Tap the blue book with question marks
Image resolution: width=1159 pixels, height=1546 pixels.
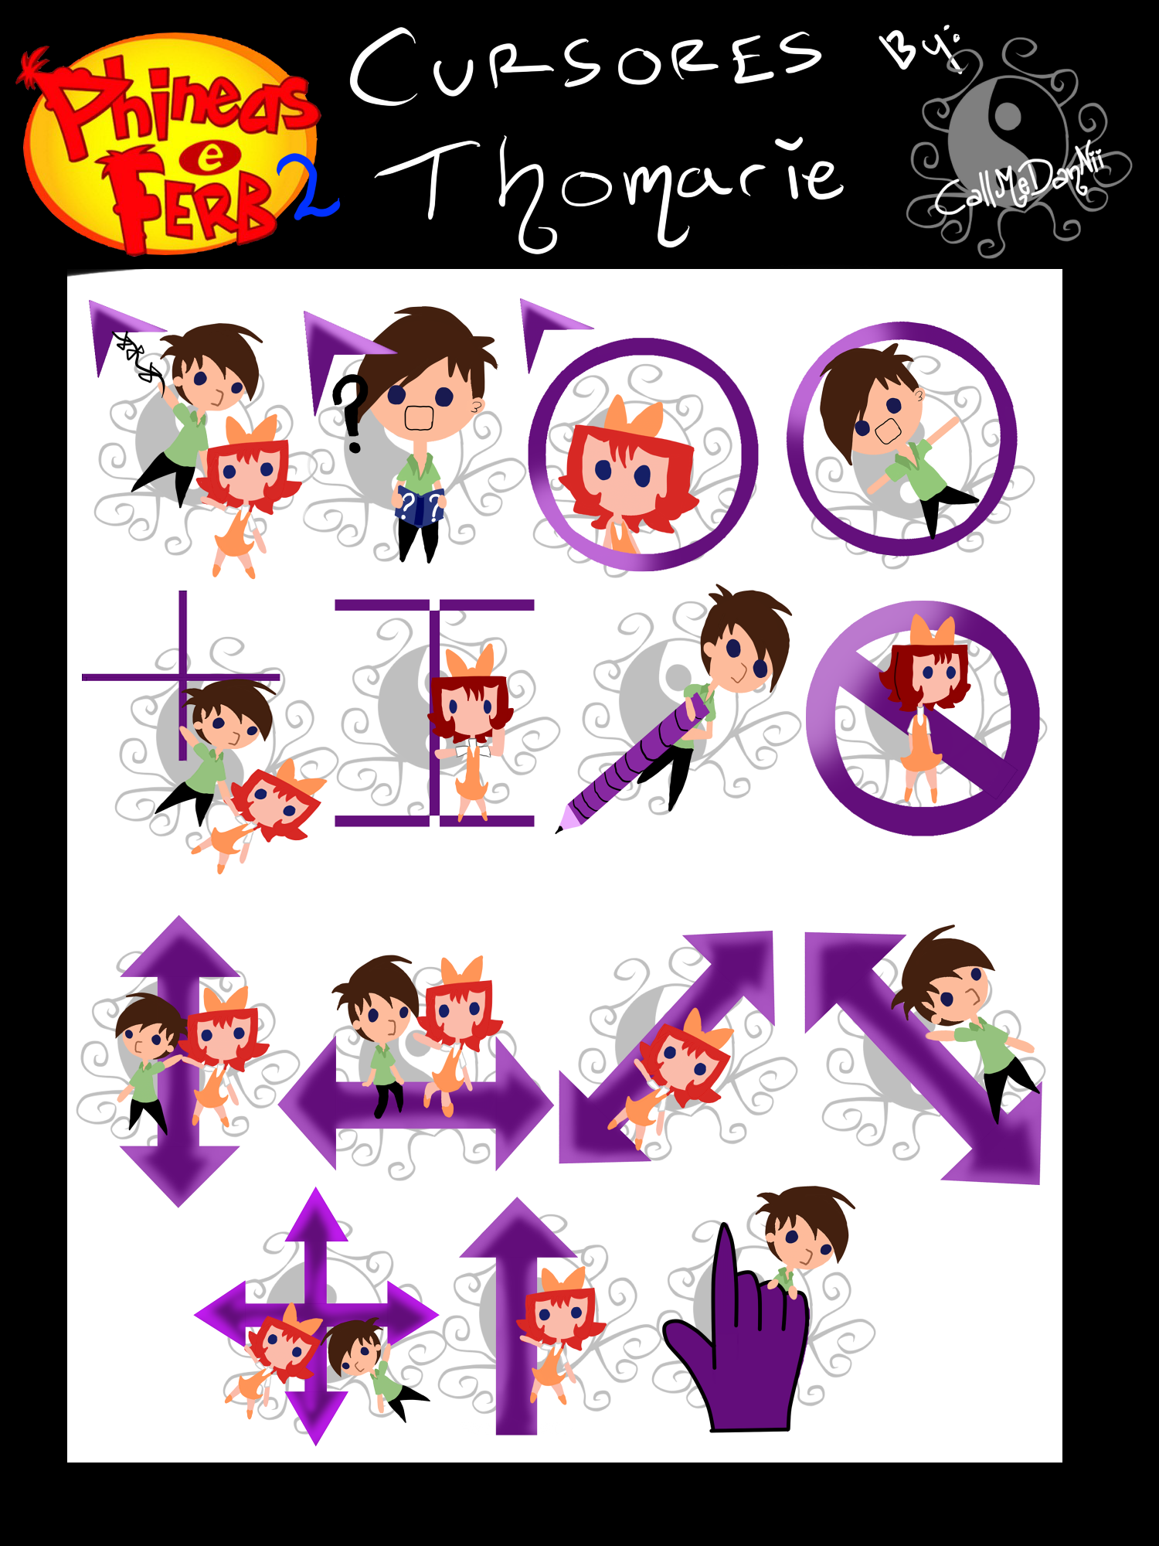(x=419, y=506)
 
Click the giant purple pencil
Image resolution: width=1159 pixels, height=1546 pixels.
(x=634, y=761)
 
